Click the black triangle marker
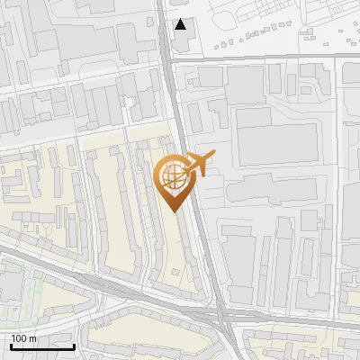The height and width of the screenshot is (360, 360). (x=181, y=24)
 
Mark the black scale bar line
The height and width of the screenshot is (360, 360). (x=41, y=346)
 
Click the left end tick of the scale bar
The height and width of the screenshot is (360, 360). (x=10, y=344)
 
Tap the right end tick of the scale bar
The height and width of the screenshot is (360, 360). (x=74, y=344)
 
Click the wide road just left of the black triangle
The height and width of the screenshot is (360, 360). (x=166, y=27)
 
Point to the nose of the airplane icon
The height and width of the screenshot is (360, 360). (x=212, y=155)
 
